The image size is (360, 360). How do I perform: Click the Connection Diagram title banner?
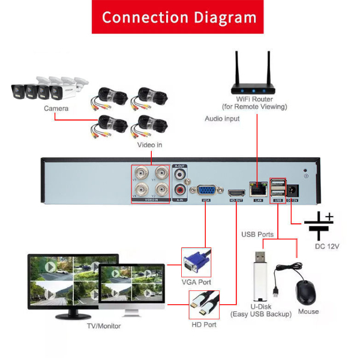point(178,16)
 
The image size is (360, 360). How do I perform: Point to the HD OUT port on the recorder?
point(235,191)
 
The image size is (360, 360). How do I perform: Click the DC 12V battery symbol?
point(319,226)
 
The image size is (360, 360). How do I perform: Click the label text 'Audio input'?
point(222,119)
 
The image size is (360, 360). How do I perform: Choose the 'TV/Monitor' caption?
point(104,326)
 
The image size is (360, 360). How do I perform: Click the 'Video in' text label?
point(150,145)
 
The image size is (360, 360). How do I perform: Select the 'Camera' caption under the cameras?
point(56,109)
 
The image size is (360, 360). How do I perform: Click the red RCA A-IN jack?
point(179,190)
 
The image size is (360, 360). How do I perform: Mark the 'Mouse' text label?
point(308,311)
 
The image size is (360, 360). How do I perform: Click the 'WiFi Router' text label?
point(254,99)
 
